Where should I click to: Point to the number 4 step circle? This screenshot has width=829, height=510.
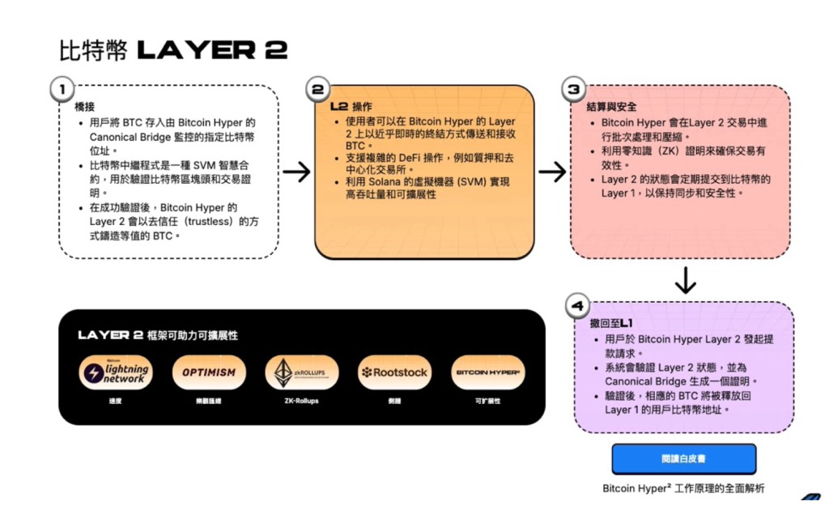(x=576, y=306)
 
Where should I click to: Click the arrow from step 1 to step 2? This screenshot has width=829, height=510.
(x=296, y=172)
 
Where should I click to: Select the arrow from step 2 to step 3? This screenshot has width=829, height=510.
(x=552, y=172)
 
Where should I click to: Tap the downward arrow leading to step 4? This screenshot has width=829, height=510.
(x=685, y=279)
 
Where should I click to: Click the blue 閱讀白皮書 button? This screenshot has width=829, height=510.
(x=683, y=458)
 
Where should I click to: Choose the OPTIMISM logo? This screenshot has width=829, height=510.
(x=209, y=373)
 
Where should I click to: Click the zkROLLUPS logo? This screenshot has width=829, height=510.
(x=301, y=373)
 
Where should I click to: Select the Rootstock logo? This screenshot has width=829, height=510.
(x=394, y=373)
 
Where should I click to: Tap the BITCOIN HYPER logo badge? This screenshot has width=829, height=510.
(x=487, y=373)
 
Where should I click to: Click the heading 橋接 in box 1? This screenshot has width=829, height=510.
(x=85, y=107)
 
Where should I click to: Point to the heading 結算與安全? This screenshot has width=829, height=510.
(x=611, y=107)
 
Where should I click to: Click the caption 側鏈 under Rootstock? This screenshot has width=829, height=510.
(x=394, y=401)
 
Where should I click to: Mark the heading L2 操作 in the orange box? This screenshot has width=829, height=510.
(x=351, y=106)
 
